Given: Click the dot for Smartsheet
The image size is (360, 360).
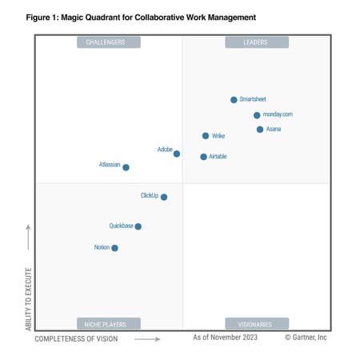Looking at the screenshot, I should [x=234, y=100].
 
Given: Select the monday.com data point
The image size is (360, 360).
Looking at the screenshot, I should [x=257, y=115].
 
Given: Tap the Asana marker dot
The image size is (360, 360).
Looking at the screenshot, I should [x=260, y=130].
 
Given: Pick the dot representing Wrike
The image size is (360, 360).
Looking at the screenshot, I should [x=206, y=136].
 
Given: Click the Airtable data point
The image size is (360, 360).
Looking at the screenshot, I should [x=204, y=157].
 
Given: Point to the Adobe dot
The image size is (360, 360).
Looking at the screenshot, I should [x=177, y=154].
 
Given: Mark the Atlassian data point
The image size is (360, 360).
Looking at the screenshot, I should [x=126, y=167].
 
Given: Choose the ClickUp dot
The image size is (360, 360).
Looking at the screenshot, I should [x=164, y=197].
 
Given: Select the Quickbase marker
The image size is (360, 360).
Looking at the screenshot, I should [x=138, y=226].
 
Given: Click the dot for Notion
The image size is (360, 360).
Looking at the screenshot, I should [x=114, y=248].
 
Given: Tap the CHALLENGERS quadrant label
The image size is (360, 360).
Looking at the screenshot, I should [x=108, y=42].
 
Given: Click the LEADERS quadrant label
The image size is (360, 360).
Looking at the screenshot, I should [x=255, y=42].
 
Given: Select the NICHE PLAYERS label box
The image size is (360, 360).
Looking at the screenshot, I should [x=108, y=324].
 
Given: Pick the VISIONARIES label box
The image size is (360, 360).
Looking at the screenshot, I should [x=255, y=324].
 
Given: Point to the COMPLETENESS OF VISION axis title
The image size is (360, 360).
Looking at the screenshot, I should [x=76, y=339].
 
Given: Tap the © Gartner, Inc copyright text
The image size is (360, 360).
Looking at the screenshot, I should [x=306, y=338].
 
